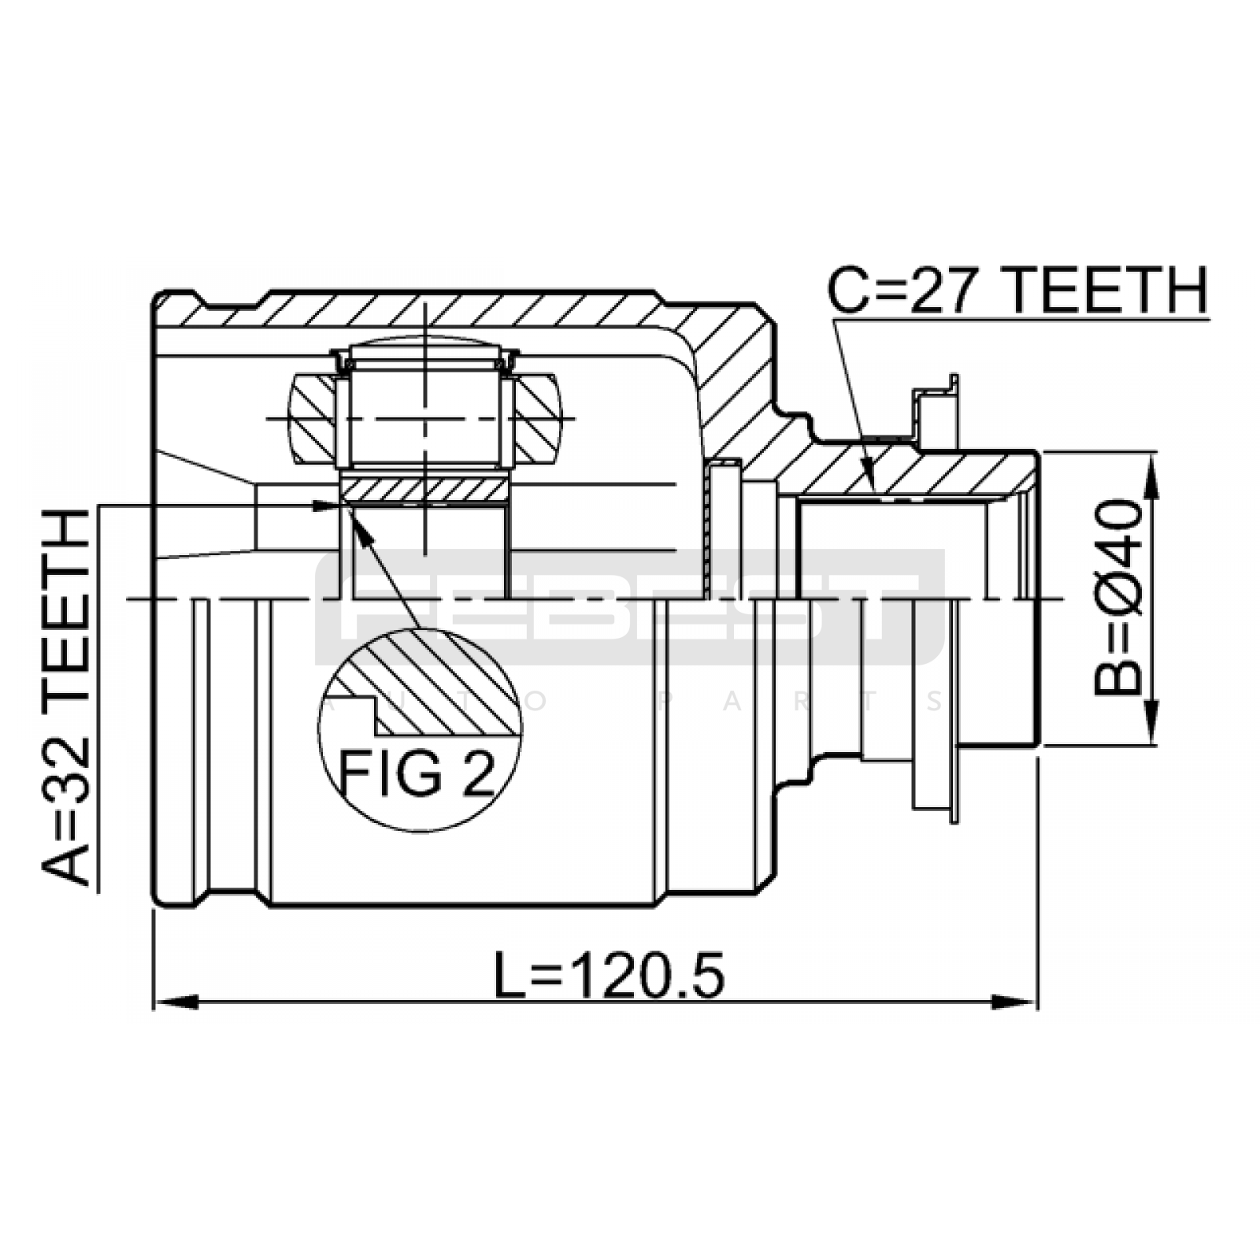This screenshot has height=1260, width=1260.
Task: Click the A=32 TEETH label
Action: tap(67, 698)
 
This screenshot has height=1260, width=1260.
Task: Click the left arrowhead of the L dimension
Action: tap(175, 1002)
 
